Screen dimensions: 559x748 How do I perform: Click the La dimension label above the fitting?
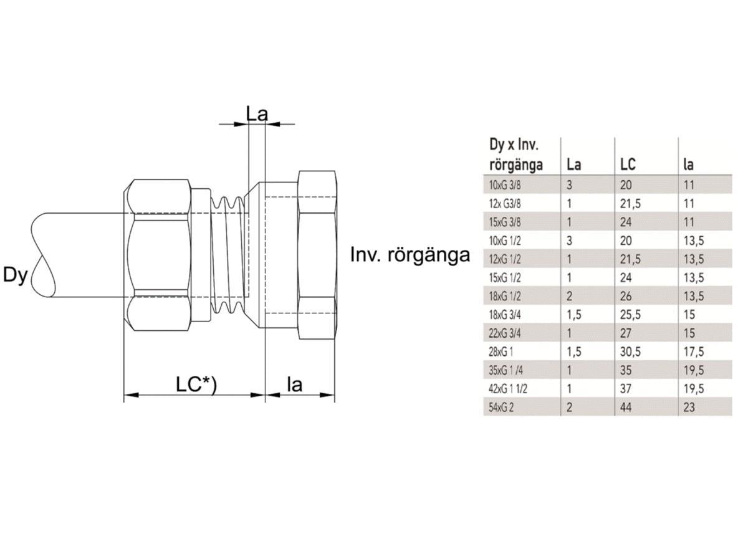coord(256,114)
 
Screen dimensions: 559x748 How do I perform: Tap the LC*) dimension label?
coord(195,385)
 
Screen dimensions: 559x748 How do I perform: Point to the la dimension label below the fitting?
coord(294,385)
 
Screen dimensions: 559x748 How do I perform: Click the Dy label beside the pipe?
coord(16,275)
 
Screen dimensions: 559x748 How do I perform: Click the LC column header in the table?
coord(628,165)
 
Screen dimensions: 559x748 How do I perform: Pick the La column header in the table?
coord(573,165)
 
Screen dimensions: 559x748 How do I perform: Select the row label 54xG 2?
coord(502,408)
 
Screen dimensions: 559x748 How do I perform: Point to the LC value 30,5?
coord(631,352)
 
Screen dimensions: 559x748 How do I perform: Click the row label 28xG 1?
coord(502,352)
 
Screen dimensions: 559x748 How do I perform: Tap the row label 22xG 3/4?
coord(505,333)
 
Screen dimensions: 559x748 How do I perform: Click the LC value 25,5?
coord(631,315)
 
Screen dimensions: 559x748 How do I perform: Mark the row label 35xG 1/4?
coord(506,371)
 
